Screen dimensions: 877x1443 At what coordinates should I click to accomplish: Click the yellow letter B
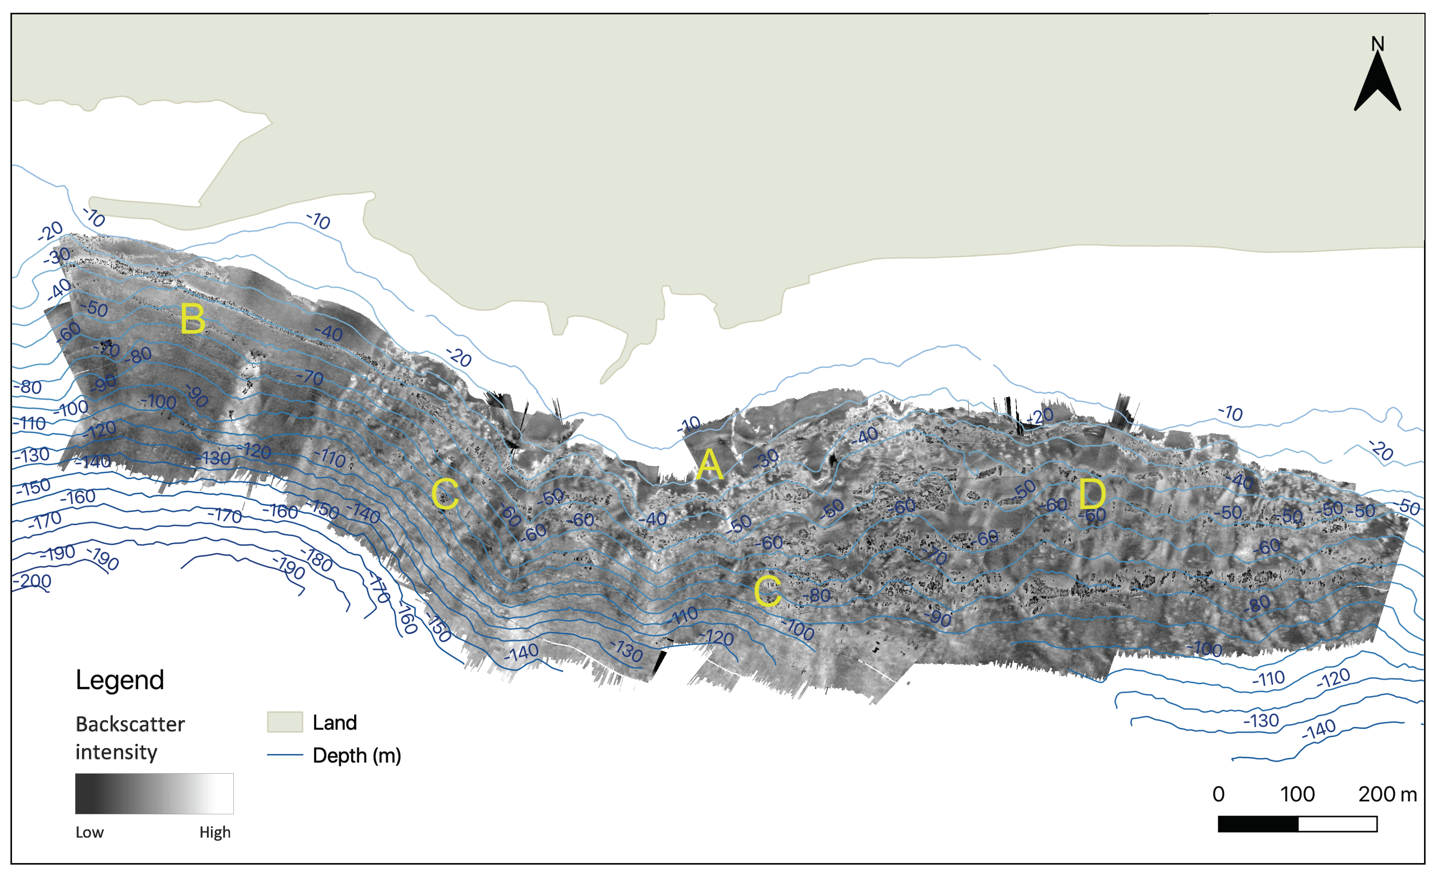(x=193, y=319)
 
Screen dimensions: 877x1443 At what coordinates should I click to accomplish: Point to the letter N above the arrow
(x=1378, y=44)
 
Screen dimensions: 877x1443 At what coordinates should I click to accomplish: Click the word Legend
(x=120, y=680)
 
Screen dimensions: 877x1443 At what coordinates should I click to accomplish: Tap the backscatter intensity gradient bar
(x=154, y=793)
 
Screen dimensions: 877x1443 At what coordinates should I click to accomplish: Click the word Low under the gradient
(x=89, y=832)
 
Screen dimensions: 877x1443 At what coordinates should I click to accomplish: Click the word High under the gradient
(x=214, y=832)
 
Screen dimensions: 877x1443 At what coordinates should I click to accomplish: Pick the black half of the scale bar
(x=1258, y=824)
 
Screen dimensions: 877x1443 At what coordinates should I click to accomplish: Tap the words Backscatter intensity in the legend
(x=130, y=738)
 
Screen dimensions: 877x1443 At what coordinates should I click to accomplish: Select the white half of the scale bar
(x=1338, y=824)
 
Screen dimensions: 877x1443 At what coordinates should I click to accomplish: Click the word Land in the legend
(x=334, y=723)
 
